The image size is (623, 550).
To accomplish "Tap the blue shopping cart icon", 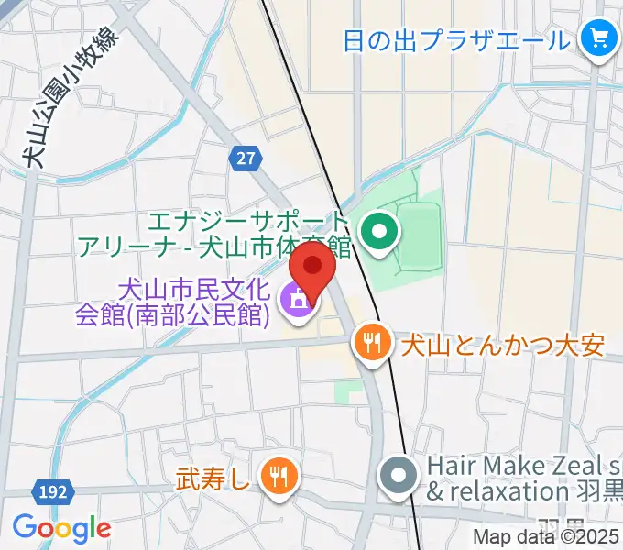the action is [x=599, y=38].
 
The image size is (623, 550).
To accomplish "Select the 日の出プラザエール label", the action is [x=455, y=40].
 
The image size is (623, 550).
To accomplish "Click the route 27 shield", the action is [x=244, y=159].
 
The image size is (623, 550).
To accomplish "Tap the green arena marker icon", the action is [x=377, y=233].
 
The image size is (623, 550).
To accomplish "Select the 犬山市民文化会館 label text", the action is [x=174, y=303].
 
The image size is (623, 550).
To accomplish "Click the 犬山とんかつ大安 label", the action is [x=500, y=346].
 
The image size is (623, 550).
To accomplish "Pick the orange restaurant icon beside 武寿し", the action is [x=277, y=475].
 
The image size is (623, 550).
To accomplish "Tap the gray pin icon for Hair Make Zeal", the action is [x=398, y=477].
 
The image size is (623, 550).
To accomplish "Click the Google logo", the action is [x=61, y=527].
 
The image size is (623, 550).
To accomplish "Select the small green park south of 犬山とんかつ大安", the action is [x=349, y=392].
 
